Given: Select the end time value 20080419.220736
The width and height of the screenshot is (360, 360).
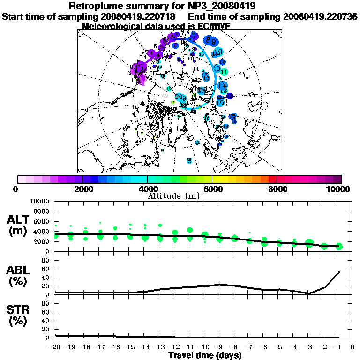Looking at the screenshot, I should (x=320, y=16).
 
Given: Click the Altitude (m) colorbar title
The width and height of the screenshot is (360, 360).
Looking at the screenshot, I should (x=173, y=195).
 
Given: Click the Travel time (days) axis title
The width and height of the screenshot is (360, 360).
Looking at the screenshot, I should (x=205, y=355).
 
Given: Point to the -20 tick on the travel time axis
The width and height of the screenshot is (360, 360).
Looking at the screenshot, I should (x=55, y=347).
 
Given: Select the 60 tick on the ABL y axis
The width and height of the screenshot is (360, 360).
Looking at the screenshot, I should (x=45, y=269).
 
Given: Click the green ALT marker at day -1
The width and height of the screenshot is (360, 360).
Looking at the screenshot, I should (x=339, y=246).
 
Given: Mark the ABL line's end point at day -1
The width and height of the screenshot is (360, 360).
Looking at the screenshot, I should (x=339, y=272).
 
